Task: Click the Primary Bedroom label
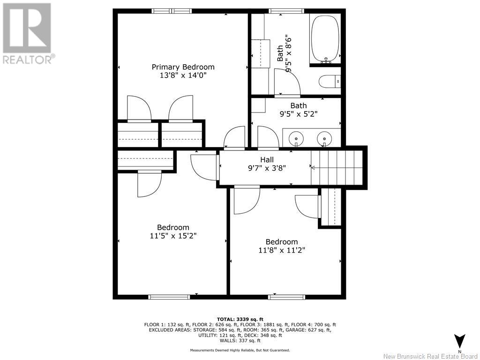(183, 67)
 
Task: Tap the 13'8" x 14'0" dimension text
(183, 75)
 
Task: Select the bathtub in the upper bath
(325, 39)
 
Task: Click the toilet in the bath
(330, 82)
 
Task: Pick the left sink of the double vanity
(296, 139)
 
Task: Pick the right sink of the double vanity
(324, 139)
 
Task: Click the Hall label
(267, 159)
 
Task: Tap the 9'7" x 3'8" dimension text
(267, 168)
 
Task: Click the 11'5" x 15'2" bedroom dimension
(173, 236)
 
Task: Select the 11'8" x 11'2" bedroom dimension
(282, 250)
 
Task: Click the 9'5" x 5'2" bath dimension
(299, 114)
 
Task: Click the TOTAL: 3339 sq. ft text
(240, 319)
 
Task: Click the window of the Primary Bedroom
(172, 11)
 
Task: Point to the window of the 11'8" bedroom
(286, 297)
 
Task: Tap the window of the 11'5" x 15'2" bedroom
(169, 297)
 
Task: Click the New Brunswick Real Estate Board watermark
(431, 356)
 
